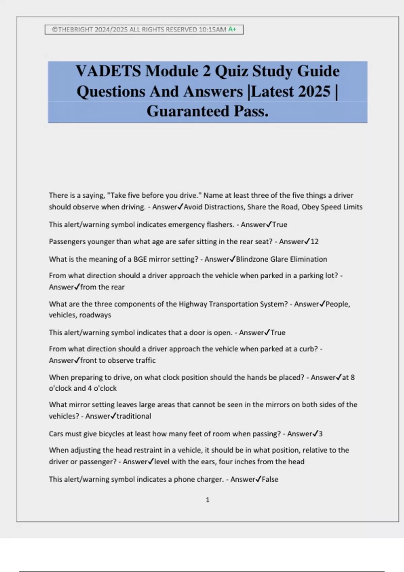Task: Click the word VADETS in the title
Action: coord(108,71)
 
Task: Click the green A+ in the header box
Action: coord(232,29)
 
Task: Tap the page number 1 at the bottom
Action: coord(207,500)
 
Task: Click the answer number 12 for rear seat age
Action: coord(314,242)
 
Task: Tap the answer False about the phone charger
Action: coord(270,479)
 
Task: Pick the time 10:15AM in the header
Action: coord(212,30)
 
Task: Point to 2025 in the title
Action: coord(314,91)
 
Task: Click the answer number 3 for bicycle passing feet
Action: coord(321,434)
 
